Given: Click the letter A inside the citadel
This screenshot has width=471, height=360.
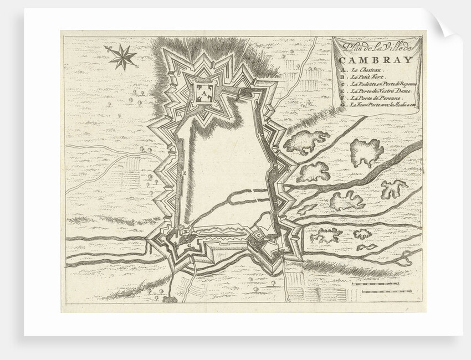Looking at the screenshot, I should [x=202, y=92].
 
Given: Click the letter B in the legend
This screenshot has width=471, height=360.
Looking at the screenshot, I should [x=344, y=79].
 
